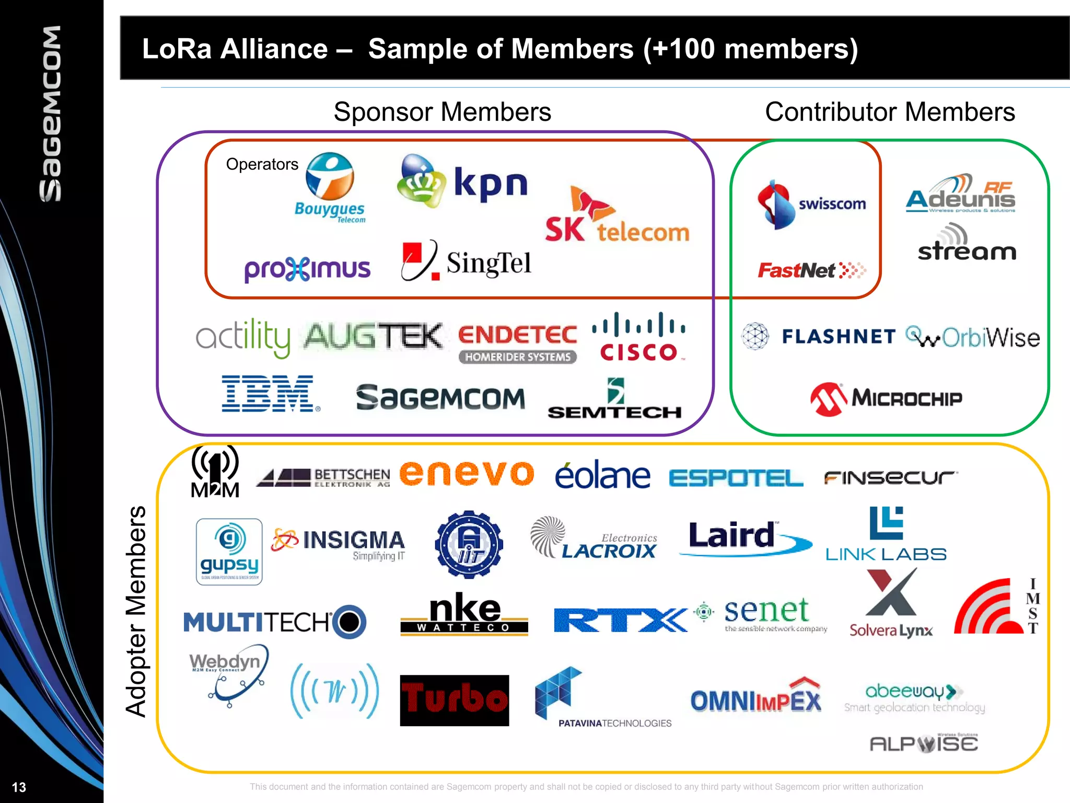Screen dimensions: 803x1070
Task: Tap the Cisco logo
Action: click(638, 337)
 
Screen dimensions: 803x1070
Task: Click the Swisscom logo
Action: click(811, 204)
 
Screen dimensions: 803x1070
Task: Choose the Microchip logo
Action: click(886, 399)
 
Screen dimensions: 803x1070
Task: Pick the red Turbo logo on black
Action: click(454, 700)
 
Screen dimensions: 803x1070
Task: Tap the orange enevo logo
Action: click(467, 473)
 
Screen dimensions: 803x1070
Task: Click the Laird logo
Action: click(745, 537)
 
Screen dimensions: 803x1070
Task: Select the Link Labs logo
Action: click(886, 534)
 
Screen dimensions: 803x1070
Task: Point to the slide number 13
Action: click(19, 787)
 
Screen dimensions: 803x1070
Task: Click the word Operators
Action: click(262, 164)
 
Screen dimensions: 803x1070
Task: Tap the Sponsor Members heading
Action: click(442, 112)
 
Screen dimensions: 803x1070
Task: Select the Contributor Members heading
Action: click(890, 112)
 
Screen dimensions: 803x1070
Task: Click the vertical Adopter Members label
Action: click(136, 611)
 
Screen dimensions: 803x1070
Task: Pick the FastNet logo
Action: click(811, 270)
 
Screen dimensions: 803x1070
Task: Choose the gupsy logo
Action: click(229, 552)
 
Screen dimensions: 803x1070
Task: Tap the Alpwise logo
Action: click(923, 743)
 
